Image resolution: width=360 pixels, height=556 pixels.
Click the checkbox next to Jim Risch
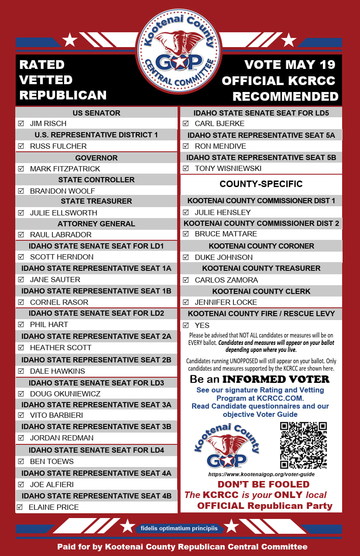tap(21, 124)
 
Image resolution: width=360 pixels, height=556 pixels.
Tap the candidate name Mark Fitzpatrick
tap(65, 169)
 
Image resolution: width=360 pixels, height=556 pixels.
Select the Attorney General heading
tap(96, 224)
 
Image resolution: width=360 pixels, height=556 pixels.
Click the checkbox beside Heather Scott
tap(21, 348)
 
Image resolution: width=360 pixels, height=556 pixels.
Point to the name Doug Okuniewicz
tap(65, 394)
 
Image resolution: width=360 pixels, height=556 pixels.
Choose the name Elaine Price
tap(54, 507)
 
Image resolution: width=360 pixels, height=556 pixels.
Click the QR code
tap(303, 445)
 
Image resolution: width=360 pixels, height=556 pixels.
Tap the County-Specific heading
tap(261, 184)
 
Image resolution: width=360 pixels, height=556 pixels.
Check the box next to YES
tap(186, 325)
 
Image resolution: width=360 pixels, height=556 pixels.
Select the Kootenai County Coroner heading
tap(261, 246)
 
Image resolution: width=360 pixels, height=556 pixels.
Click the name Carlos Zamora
tap(226, 280)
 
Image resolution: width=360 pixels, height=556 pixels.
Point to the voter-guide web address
tap(261, 474)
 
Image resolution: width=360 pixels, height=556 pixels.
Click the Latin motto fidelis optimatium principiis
tap(179, 529)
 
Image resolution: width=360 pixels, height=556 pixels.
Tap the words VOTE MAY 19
tap(290, 65)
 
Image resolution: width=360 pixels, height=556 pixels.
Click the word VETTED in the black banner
tap(46, 80)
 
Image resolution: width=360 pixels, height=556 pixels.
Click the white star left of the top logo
tap(70, 40)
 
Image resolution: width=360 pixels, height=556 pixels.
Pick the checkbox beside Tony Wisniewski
tap(186, 168)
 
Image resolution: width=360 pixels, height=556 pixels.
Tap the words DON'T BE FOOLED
tap(263, 484)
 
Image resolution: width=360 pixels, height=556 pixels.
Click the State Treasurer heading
tap(96, 201)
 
